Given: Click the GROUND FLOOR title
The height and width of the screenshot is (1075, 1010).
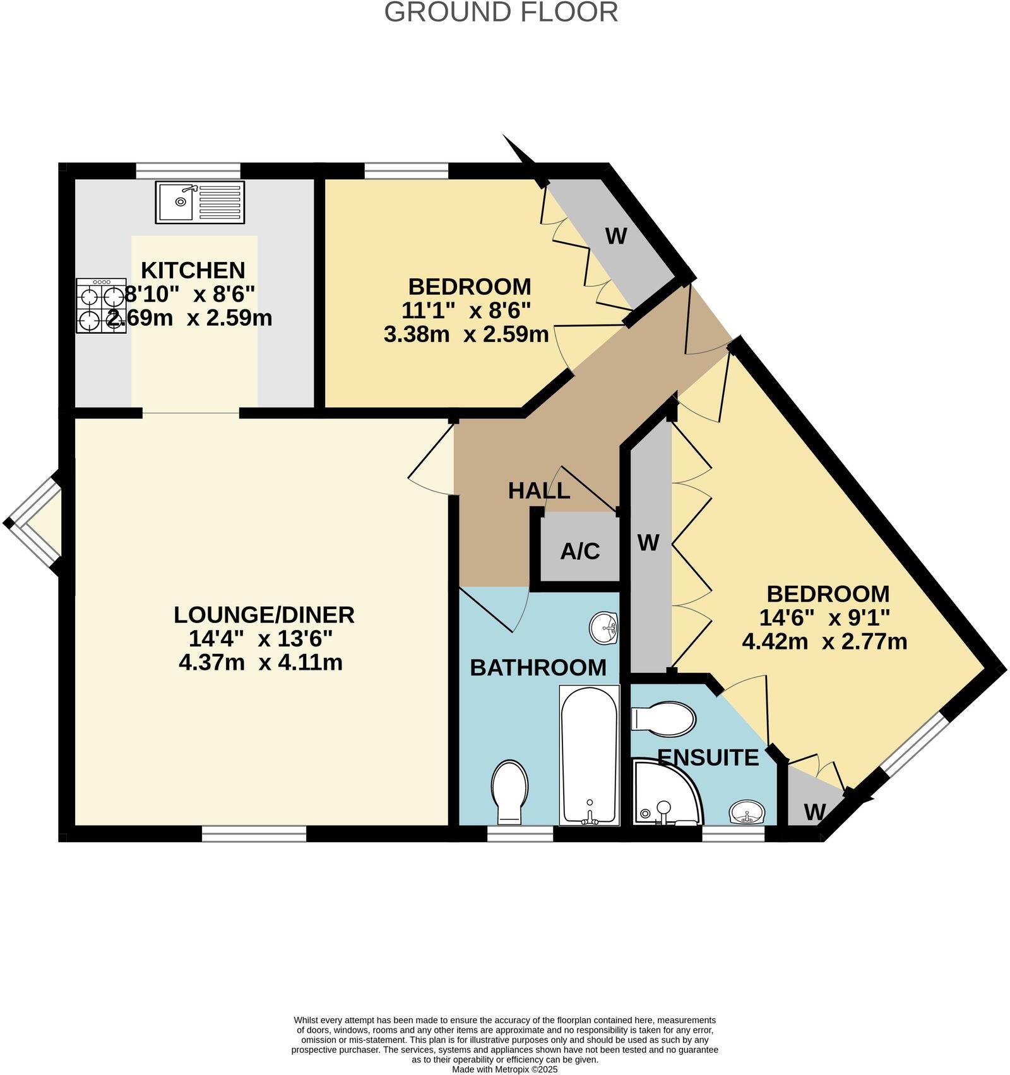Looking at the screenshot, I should pyautogui.click(x=501, y=13).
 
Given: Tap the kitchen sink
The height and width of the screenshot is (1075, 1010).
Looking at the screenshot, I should pyautogui.click(x=199, y=203).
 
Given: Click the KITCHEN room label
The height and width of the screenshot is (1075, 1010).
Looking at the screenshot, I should pyautogui.click(x=193, y=270).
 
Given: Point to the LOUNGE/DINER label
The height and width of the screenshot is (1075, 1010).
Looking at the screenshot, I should pyautogui.click(x=264, y=614).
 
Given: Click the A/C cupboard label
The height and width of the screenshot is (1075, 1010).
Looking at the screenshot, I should pyautogui.click(x=580, y=551).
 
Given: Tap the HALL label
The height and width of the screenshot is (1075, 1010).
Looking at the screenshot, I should pyautogui.click(x=539, y=490).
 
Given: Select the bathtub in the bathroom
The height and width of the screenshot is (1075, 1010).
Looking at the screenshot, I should pyautogui.click(x=589, y=756).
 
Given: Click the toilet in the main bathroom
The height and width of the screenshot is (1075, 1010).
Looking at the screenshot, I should pyautogui.click(x=510, y=792).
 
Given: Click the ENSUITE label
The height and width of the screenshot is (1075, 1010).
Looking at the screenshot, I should pyautogui.click(x=708, y=757).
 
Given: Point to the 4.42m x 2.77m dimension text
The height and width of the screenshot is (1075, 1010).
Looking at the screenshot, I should pyautogui.click(x=824, y=642).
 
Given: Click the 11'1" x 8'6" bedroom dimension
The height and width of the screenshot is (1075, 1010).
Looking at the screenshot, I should pyautogui.click(x=466, y=310).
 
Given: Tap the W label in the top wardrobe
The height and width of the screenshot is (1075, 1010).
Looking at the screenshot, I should pyautogui.click(x=616, y=236).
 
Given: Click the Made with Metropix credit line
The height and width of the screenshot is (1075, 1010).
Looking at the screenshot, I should pyautogui.click(x=504, y=1069).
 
